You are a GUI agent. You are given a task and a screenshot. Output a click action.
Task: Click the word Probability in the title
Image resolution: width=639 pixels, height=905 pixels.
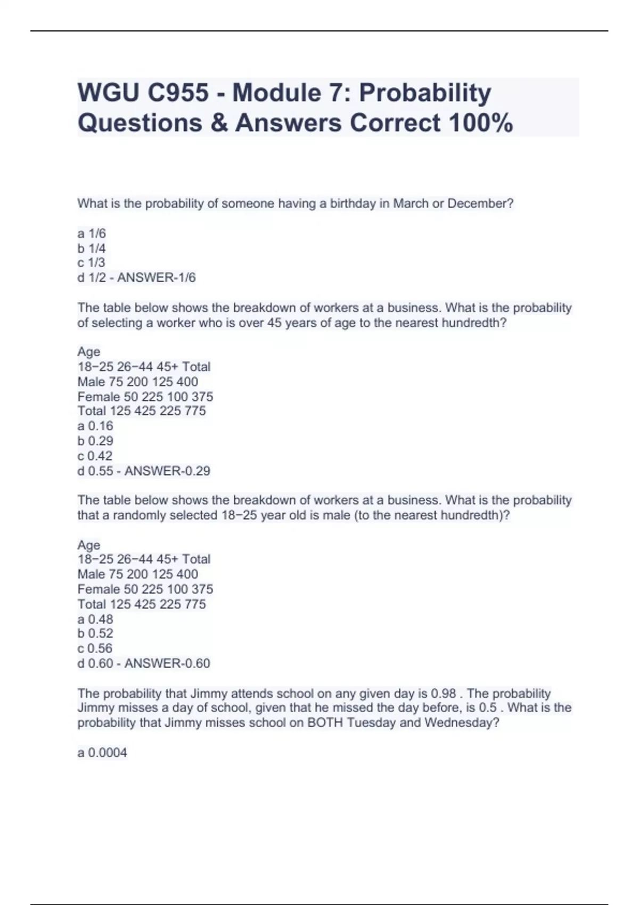pos(425,93)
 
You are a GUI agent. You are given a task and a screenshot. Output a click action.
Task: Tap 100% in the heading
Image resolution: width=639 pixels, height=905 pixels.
pos(481,123)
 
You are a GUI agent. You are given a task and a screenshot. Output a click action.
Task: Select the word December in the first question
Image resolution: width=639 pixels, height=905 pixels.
pos(478,203)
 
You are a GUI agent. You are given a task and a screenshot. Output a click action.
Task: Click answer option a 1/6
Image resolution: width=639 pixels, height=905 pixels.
pos(92,233)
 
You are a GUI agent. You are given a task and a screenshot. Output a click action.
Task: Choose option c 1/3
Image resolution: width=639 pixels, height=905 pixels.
pos(92,262)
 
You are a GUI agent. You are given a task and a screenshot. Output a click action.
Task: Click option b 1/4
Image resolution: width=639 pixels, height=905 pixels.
pos(92,248)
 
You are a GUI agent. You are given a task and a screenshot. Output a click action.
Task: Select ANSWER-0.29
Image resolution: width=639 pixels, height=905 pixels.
pos(167,471)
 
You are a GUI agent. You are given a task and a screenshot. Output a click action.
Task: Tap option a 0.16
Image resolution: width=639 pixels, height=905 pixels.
pos(95,426)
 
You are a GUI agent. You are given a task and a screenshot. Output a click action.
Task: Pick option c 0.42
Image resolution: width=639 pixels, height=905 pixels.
pos(95,456)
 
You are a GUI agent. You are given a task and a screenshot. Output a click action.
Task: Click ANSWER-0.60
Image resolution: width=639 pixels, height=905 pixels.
pos(167,663)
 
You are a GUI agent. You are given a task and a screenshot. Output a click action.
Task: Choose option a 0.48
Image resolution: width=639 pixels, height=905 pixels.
pos(95,619)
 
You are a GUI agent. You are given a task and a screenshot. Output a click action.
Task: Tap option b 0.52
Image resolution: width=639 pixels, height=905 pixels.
pos(95,633)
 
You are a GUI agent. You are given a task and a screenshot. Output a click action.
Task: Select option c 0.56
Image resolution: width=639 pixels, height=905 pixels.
pos(95,648)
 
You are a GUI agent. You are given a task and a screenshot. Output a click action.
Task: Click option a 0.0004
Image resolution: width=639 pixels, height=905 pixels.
pos(102,753)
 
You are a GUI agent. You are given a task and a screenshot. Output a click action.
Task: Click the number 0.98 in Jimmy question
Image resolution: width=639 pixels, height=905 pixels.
pos(443,694)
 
